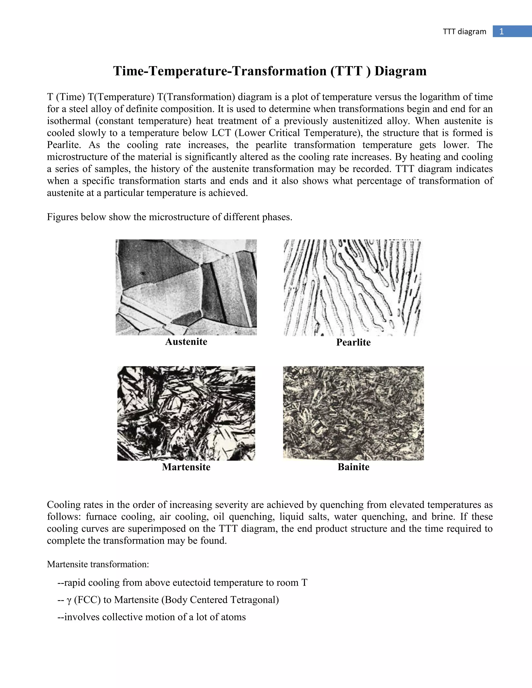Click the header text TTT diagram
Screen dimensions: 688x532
click(464, 31)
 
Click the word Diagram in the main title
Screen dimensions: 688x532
click(400, 71)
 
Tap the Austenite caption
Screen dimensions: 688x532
click(186, 341)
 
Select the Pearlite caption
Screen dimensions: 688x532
click(353, 342)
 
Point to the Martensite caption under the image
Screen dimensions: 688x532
click(186, 467)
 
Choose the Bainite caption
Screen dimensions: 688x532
click(353, 467)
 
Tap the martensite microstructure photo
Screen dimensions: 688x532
click(186, 413)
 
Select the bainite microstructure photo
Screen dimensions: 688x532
click(353, 413)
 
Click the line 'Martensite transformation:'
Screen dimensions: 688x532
click(98, 564)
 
